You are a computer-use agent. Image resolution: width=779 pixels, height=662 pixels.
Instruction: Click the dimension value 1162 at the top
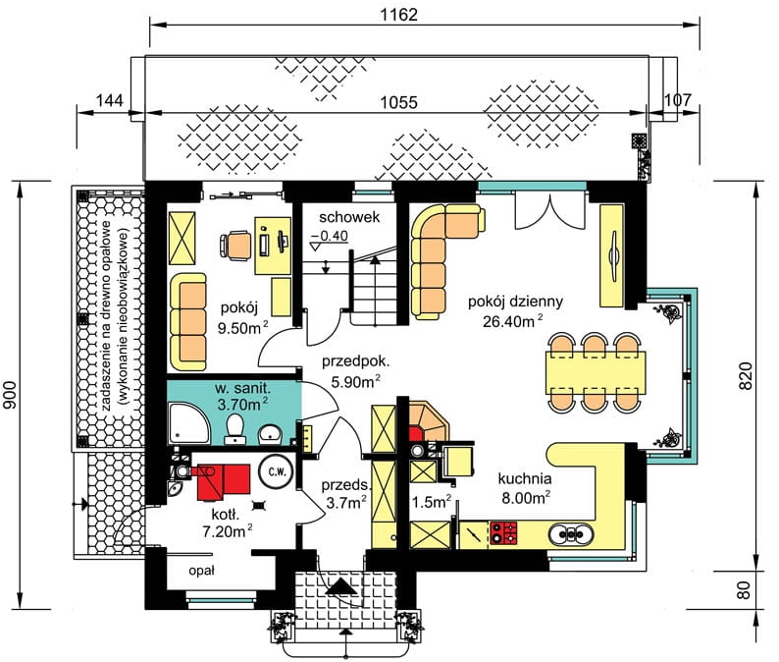click(399, 15)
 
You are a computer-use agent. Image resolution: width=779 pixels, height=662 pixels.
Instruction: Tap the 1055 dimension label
click(399, 102)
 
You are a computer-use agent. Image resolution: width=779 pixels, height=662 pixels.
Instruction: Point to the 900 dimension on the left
click(10, 395)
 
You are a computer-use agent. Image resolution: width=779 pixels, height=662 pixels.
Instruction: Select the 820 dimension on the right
click(746, 375)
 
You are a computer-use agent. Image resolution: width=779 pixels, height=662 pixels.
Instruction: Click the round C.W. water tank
click(277, 472)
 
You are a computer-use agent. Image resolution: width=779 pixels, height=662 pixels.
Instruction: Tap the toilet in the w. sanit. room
click(234, 429)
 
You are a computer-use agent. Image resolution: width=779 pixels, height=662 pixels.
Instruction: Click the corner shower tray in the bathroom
click(188, 423)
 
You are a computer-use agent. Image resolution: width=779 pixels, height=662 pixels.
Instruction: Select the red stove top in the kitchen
click(503, 531)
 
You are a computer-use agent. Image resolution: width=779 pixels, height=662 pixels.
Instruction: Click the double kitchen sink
click(571, 534)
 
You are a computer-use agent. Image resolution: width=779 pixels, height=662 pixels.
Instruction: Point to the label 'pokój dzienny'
click(515, 302)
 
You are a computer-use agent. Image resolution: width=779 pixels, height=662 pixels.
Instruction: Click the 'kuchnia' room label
click(525, 478)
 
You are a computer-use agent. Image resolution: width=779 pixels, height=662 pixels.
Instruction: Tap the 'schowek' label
click(349, 217)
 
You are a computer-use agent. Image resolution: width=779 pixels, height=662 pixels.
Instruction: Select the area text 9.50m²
click(243, 328)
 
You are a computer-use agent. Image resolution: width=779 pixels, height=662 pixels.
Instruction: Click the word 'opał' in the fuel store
click(201, 571)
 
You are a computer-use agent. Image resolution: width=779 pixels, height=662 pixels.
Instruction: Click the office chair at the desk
click(235, 245)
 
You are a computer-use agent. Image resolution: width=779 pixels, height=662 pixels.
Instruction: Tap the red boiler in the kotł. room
click(223, 480)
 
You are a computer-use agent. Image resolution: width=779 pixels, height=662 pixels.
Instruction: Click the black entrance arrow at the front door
click(341, 587)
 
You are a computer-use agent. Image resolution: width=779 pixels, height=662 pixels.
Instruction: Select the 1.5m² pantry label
click(432, 502)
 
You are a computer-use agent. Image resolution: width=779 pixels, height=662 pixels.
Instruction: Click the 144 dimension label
click(109, 100)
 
